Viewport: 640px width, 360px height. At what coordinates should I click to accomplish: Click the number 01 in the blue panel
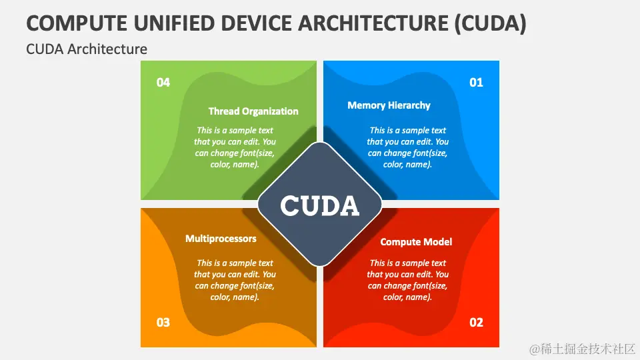tap(476, 83)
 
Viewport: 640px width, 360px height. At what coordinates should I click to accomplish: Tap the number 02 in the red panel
tap(476, 323)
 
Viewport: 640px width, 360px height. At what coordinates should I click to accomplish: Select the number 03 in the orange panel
tap(163, 323)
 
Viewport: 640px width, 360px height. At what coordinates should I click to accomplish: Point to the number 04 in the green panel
tap(163, 83)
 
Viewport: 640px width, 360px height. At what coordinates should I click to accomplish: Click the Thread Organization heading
tap(253, 111)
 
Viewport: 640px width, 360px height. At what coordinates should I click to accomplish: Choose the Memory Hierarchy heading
tap(389, 105)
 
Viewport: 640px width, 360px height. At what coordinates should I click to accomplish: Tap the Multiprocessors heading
tap(221, 238)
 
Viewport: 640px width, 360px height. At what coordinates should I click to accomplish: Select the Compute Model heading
tap(416, 242)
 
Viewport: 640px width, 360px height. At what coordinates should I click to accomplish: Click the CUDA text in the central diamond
tap(320, 206)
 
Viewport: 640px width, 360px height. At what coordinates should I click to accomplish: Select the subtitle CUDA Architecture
tap(87, 49)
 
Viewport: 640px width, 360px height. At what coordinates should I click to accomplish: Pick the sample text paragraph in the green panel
tap(235, 147)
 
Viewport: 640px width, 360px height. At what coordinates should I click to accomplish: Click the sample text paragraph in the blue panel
tap(408, 147)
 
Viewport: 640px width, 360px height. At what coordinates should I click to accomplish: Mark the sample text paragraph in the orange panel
tap(235, 280)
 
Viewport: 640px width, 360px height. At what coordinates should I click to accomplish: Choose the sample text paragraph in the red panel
tap(408, 280)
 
